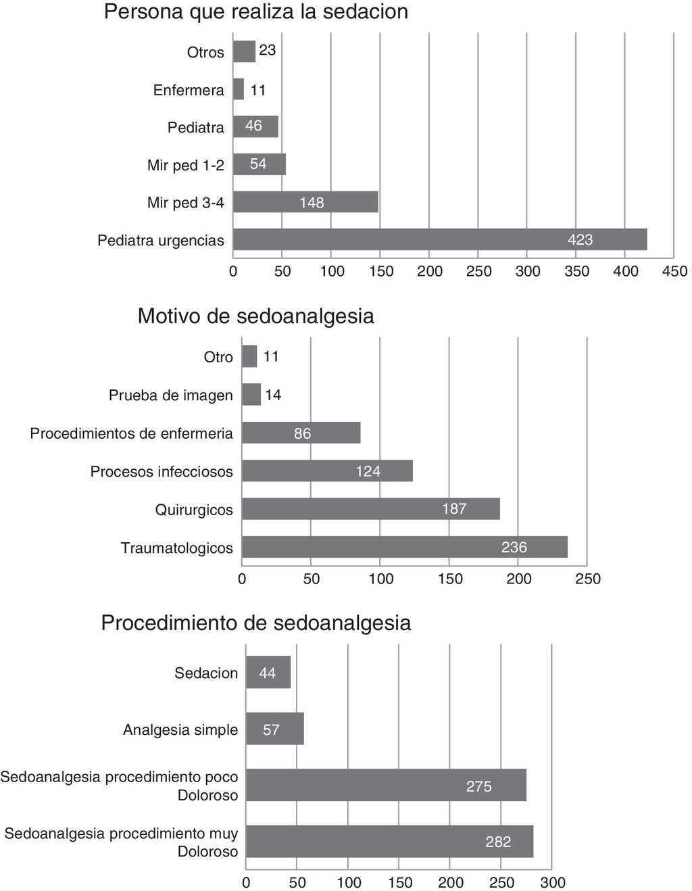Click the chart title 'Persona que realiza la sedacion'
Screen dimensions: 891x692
255,12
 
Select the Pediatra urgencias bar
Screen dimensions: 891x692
440,239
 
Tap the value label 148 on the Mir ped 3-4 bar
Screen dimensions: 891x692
312,202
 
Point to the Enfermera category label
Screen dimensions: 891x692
189,90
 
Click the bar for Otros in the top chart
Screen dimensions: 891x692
244,51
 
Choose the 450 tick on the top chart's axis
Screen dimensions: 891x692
674,272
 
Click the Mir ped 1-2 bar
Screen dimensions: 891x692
259,164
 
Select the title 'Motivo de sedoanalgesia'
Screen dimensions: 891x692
255,316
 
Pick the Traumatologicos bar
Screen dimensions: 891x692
404,547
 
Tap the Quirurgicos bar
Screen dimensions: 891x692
370,508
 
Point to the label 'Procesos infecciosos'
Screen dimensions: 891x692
162,471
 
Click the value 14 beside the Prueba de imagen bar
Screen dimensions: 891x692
273,395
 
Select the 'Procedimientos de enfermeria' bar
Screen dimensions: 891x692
301,433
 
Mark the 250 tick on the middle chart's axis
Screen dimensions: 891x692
587,579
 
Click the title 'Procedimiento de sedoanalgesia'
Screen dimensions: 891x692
255,623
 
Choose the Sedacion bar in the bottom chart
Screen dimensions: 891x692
268,673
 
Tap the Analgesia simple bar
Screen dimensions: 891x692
274,729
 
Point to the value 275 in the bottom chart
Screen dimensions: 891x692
478,786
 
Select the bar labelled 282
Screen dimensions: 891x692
389,842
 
